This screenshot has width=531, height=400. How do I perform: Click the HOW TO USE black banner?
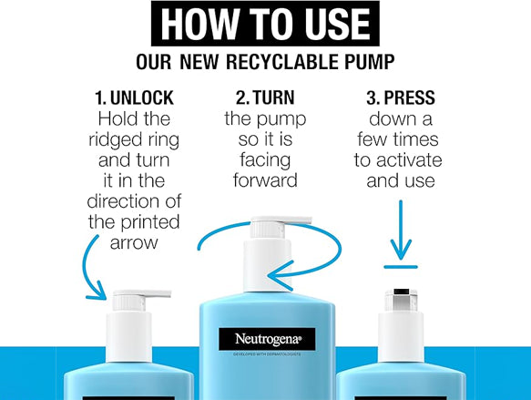[x=265, y=24]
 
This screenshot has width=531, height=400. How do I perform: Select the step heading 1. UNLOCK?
[x=134, y=97]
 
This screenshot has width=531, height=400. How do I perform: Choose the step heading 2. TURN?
[x=265, y=97]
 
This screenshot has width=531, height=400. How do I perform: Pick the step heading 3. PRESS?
[x=401, y=97]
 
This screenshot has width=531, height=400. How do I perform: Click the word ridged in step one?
[x=116, y=140]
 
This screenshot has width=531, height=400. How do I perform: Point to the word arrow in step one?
[x=134, y=243]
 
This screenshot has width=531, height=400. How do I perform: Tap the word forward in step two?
[x=265, y=180]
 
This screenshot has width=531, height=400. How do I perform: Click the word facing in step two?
[x=265, y=161]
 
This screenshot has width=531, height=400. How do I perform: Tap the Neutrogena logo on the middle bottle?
[x=267, y=339]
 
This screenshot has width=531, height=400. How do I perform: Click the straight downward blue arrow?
[x=401, y=231]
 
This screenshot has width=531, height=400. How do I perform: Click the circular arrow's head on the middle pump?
[x=280, y=276]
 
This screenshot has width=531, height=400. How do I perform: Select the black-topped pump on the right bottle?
[x=401, y=301]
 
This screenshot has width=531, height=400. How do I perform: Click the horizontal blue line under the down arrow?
[x=401, y=267]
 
